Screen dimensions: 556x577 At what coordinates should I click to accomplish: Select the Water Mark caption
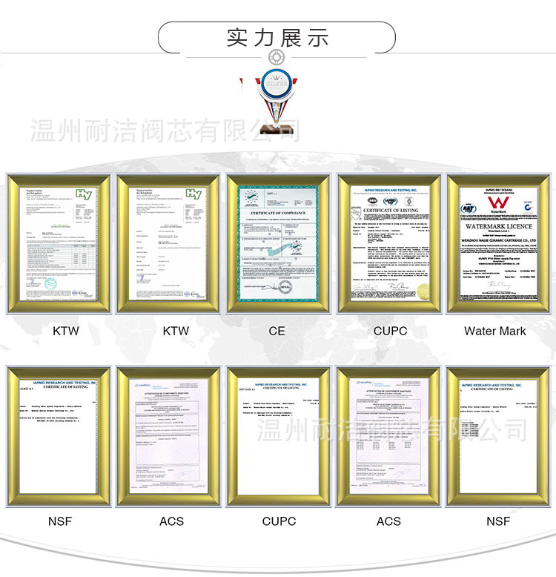coord(495,331)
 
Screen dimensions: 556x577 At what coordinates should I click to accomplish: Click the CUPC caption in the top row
coord(389,331)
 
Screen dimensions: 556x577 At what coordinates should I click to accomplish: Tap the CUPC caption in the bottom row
coord(279,521)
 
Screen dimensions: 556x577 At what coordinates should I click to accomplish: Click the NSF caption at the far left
coord(60,521)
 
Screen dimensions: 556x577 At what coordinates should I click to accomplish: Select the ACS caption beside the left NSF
coord(171,521)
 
